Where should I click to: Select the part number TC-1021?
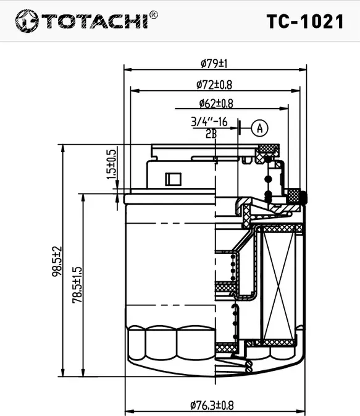(x=304, y=22)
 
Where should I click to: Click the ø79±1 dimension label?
(x=214, y=63)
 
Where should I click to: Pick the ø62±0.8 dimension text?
(x=216, y=104)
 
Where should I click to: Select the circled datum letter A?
(x=260, y=128)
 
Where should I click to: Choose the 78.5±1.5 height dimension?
(x=77, y=284)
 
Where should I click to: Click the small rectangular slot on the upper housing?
(x=171, y=179)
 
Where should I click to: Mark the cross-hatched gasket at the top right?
(x=269, y=148)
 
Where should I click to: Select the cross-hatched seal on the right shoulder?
(x=298, y=197)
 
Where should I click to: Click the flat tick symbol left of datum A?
(x=239, y=127)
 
